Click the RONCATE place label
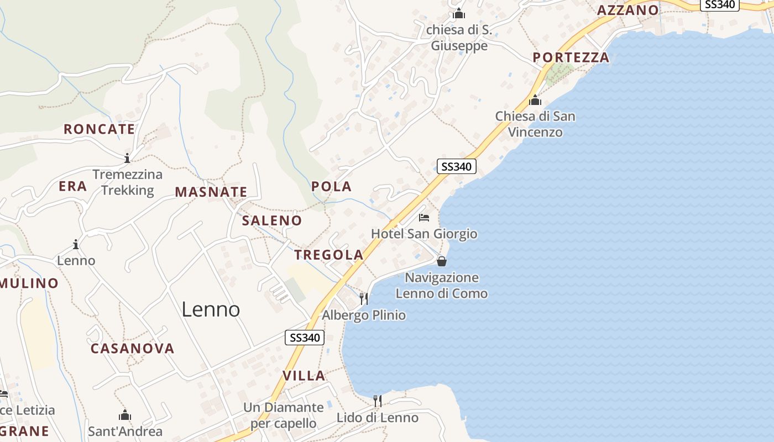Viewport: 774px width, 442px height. click(99, 129)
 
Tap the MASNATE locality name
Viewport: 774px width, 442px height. click(211, 192)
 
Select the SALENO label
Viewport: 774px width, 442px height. click(272, 220)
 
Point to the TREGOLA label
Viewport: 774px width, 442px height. click(329, 255)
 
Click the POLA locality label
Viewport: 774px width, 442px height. click(331, 187)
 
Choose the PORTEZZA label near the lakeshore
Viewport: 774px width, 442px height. click(571, 57)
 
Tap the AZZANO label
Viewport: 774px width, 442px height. click(628, 10)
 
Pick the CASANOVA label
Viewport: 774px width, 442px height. click(133, 349)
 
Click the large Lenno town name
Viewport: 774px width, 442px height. click(211, 309)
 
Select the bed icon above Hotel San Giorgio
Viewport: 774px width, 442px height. click(424, 218)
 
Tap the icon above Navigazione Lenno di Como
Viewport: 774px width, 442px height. click(441, 261)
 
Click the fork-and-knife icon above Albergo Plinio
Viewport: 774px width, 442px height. click(364, 299)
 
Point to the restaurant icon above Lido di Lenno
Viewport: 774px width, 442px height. click(378, 401)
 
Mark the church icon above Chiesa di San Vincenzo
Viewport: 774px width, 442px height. click(535, 101)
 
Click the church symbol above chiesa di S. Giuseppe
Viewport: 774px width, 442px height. click(459, 13)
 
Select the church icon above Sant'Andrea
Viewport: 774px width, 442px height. click(125, 415)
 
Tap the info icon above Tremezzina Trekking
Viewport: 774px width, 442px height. click(127, 159)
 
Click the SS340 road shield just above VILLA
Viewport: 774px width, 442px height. click(305, 338)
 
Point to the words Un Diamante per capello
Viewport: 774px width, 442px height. click(284, 415)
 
